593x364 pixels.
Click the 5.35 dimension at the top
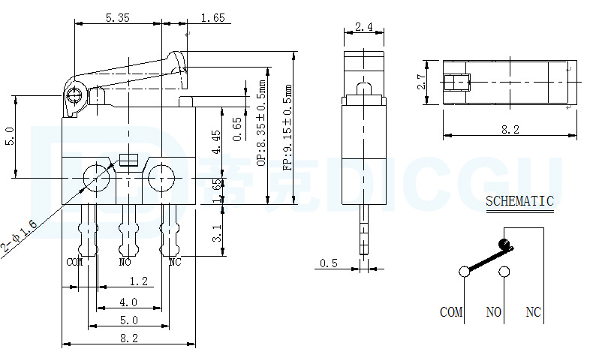pos(118,17)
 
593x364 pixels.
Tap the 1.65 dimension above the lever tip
pos(213,17)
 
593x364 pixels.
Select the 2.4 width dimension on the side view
pos(364,26)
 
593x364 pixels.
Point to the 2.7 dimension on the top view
pos(422,82)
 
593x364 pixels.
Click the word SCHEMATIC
pos(519,200)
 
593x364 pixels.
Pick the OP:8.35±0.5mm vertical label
pos(261,123)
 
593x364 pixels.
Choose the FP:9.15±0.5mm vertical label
pos(287,127)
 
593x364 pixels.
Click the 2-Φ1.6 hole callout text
pos(19,236)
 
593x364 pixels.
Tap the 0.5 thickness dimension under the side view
pos(328,263)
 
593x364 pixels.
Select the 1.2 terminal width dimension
pos(139,281)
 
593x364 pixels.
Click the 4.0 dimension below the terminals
pos(128,302)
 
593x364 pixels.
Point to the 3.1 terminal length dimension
pos(217,233)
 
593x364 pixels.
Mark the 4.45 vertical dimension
pos(216,142)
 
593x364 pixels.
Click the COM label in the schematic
pos(451,311)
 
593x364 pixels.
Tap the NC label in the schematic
pos(533,311)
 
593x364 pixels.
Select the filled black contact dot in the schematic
pos(504,242)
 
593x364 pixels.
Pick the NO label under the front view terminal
pos(125,262)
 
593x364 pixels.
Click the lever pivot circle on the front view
pos(74,95)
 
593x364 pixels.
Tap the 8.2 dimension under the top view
pos(510,130)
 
